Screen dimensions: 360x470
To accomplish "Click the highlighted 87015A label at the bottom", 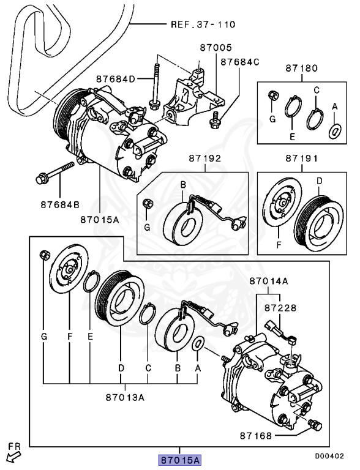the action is [180, 460].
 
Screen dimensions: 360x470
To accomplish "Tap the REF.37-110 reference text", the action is [203, 24].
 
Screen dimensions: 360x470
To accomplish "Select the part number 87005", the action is [216, 48].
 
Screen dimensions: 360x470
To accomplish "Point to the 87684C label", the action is [240, 62].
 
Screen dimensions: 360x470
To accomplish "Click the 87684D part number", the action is [116, 79].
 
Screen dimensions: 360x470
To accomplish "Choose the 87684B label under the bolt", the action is [60, 205].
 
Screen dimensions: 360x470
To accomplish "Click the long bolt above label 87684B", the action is [55, 173].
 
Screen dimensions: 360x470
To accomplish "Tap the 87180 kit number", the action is [301, 69].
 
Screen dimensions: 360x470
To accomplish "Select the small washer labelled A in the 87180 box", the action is [335, 132].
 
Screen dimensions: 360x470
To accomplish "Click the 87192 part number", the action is [205, 158].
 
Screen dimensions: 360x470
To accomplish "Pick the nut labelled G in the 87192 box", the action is [148, 204].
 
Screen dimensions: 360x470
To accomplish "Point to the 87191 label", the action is [301, 158].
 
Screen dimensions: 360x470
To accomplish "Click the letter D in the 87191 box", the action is [320, 181].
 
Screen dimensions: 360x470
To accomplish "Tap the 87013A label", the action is [125, 397].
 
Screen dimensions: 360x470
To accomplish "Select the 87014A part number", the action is [269, 281].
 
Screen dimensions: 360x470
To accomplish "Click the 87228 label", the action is [280, 308].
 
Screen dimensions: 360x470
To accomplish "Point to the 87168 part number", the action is [256, 436].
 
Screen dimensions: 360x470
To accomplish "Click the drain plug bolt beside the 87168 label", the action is [315, 425].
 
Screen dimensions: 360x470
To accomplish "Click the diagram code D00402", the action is [329, 456].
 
